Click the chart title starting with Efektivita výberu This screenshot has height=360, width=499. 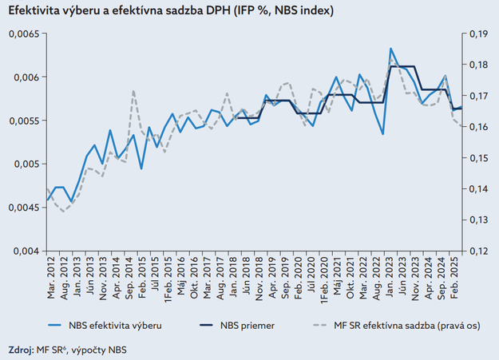170,11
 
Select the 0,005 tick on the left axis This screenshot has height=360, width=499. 23,164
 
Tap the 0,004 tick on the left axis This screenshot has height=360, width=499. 23,251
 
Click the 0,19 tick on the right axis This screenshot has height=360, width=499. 478,34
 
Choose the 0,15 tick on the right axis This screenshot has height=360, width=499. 478,158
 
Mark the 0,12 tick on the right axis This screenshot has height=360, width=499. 478,251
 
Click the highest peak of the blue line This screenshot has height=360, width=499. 390,49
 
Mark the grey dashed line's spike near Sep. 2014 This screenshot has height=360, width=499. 133,91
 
